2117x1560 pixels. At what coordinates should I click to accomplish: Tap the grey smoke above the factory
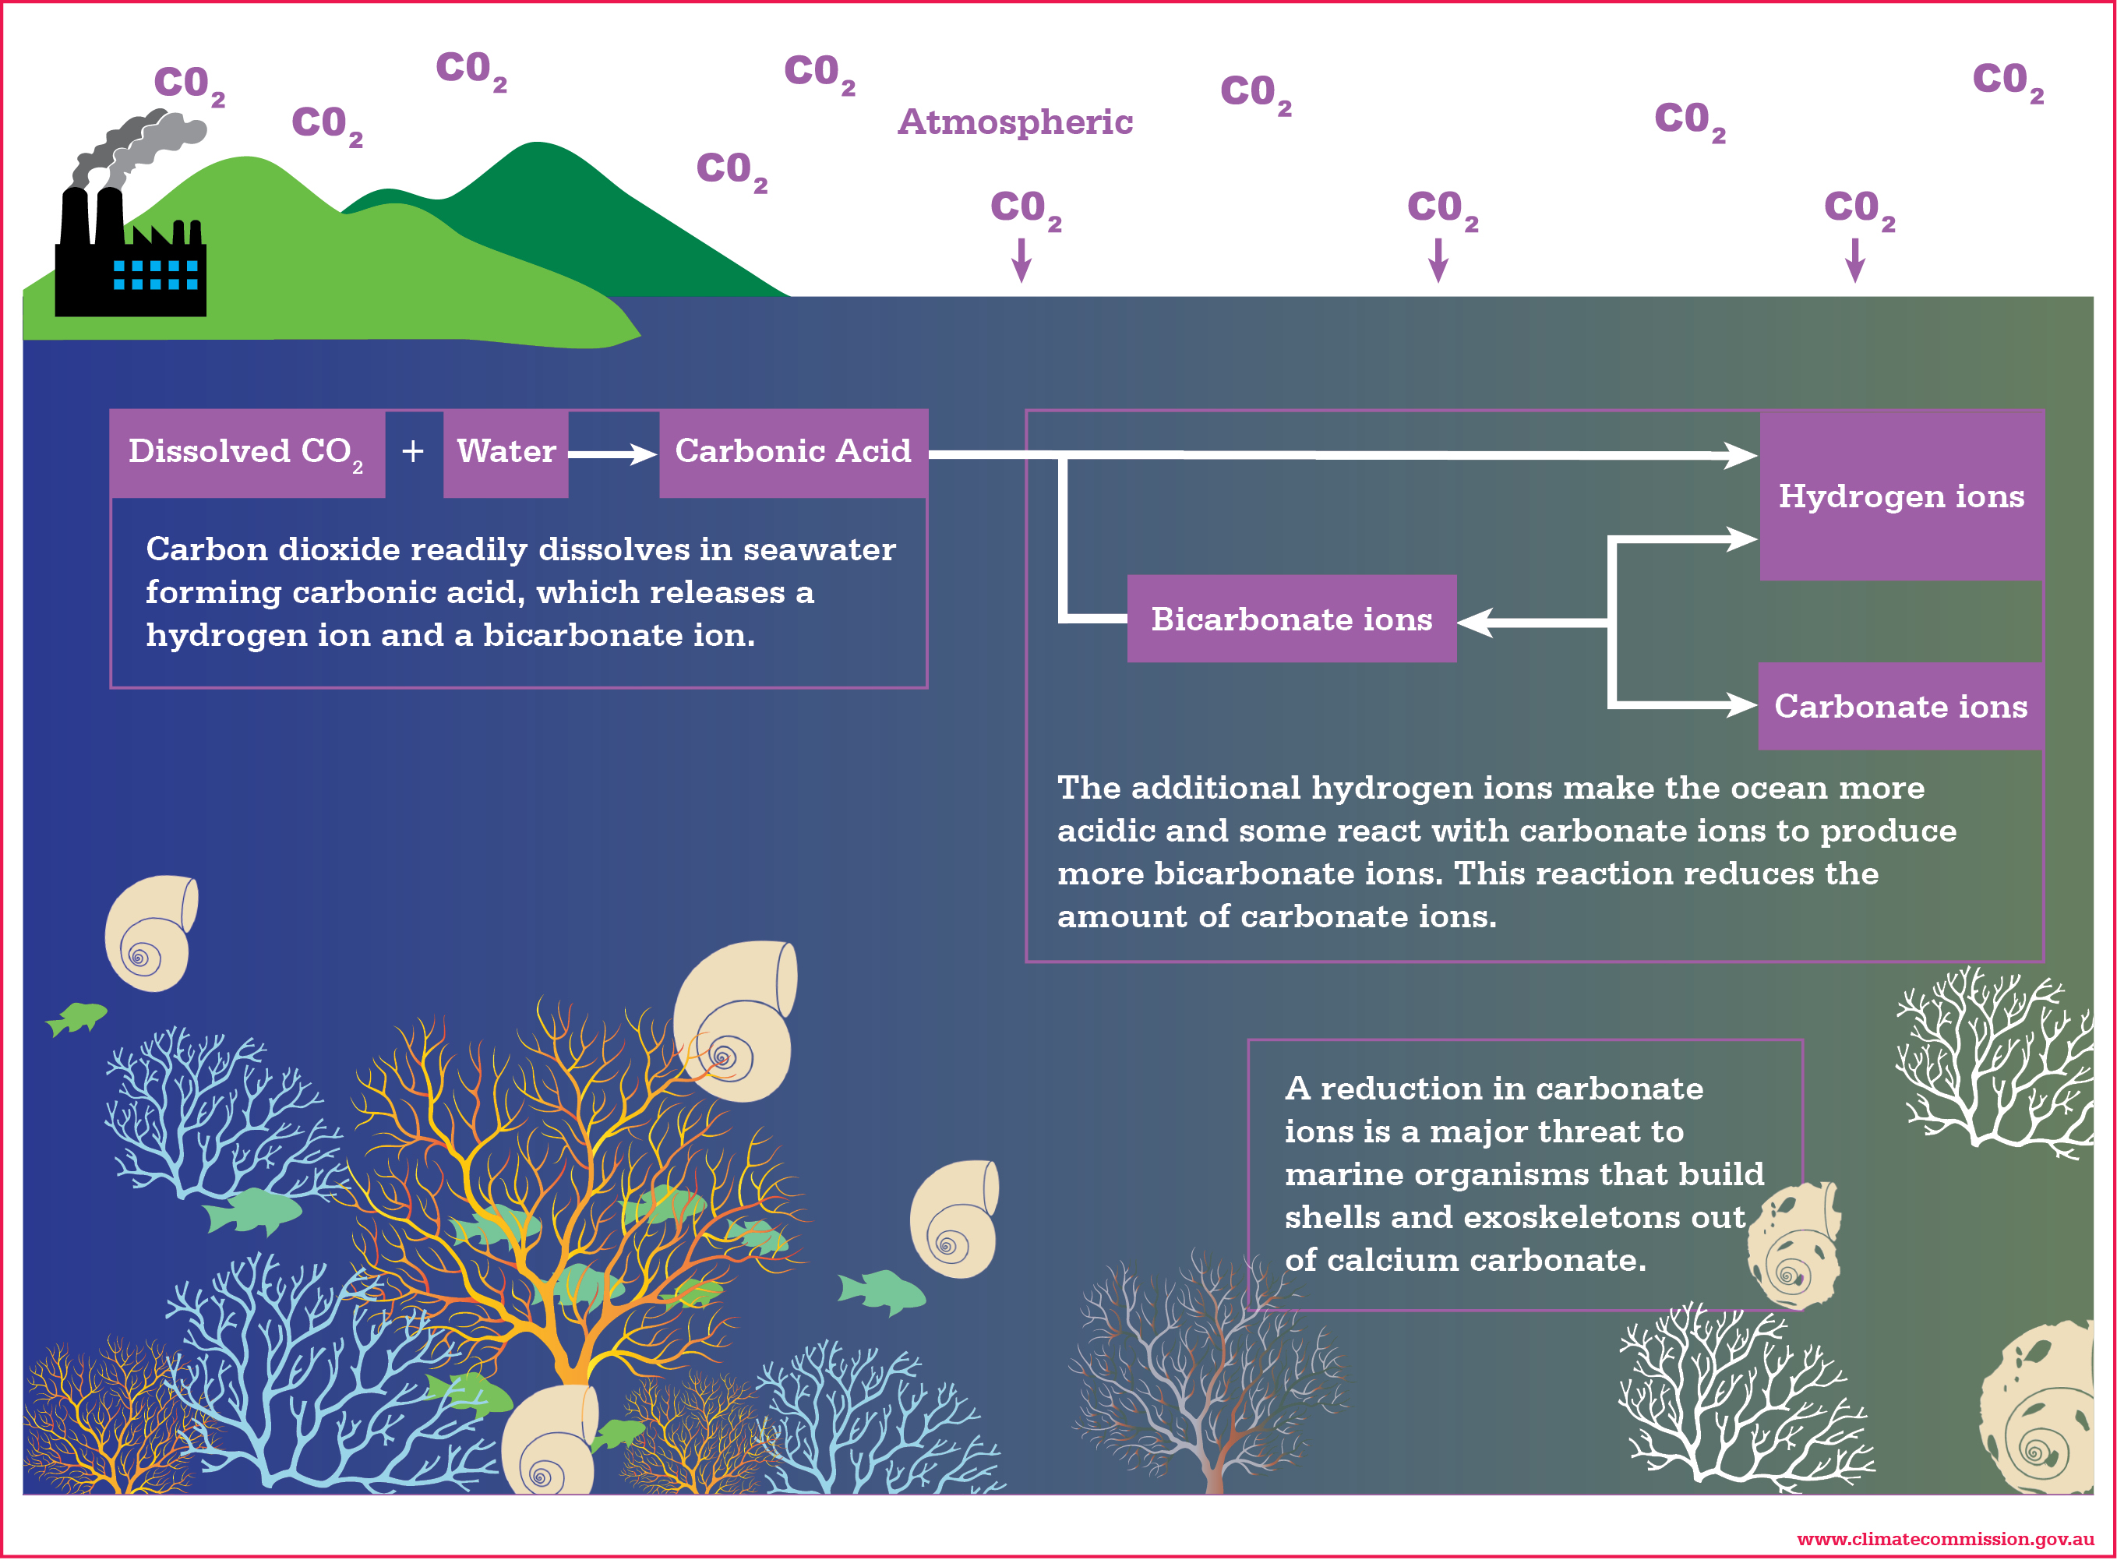tap(142, 142)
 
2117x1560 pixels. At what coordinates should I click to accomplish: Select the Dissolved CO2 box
tap(246, 452)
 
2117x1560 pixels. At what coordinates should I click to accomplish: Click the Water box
tap(506, 452)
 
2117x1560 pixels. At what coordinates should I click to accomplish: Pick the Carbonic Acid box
tap(793, 452)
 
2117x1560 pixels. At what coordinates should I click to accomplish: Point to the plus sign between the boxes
tap(413, 452)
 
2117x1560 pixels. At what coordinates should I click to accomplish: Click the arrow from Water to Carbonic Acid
tap(614, 454)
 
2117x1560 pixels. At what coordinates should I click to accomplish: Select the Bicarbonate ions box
tap(1291, 619)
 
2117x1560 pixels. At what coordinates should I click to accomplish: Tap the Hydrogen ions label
tap(1900, 496)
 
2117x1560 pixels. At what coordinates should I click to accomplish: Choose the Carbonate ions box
tap(1900, 706)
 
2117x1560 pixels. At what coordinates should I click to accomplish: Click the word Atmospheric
tap(1015, 122)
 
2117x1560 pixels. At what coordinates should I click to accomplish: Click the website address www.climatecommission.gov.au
tap(1944, 1539)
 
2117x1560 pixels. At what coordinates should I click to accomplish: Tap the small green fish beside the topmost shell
tap(77, 1018)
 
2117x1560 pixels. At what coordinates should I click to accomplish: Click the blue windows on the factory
tap(156, 275)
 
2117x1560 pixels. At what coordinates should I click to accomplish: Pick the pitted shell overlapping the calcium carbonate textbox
tap(1794, 1247)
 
